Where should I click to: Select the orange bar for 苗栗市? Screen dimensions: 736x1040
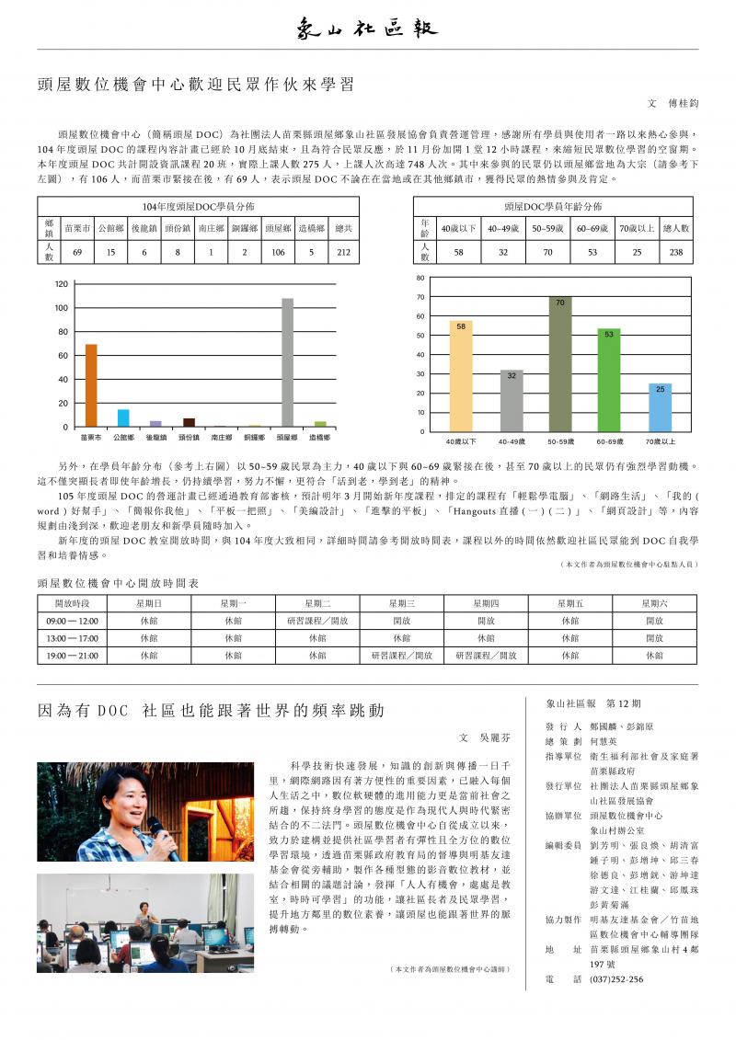point(91,385)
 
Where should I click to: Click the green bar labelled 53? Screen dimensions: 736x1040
point(609,380)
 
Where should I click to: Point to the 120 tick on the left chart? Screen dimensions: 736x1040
point(61,283)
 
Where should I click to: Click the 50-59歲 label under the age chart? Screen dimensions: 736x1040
point(559,442)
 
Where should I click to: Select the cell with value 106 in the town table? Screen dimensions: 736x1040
point(279,252)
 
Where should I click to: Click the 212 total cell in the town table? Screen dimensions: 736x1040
point(343,252)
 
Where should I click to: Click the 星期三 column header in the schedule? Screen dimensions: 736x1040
point(401,603)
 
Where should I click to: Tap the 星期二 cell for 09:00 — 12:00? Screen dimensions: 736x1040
point(317,621)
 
